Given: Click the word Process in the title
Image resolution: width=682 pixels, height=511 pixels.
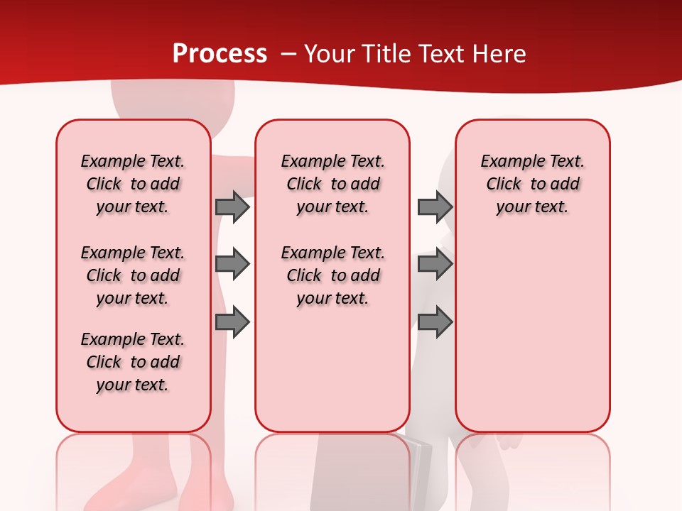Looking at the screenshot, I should click(x=220, y=53).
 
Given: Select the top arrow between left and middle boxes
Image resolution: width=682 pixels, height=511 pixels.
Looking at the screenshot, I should click(x=232, y=207).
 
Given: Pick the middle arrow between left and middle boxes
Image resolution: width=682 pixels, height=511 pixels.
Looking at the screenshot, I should click(x=232, y=264).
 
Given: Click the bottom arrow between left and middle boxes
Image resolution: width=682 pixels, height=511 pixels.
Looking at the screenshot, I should click(x=232, y=323).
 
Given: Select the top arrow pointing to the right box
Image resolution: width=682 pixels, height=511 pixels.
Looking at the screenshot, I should click(x=435, y=207).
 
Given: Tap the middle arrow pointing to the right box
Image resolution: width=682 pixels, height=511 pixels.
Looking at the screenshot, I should click(x=435, y=264).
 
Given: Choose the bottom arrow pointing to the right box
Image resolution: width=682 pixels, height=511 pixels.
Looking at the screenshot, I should click(x=435, y=323).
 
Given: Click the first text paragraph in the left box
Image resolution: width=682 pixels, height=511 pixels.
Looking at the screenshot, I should click(x=133, y=184).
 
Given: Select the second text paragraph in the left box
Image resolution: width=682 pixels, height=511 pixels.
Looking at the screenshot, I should click(x=133, y=275).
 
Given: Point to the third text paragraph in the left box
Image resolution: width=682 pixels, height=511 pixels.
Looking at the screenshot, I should click(x=133, y=362).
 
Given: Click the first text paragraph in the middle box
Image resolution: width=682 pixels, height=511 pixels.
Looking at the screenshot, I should click(x=332, y=184).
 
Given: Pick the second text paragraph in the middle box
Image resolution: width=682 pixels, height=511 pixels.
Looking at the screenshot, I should click(x=332, y=275).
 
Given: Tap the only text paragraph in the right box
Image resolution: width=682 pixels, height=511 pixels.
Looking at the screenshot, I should click(x=532, y=184).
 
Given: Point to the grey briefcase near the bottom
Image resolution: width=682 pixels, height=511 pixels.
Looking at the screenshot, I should click(x=419, y=468).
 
